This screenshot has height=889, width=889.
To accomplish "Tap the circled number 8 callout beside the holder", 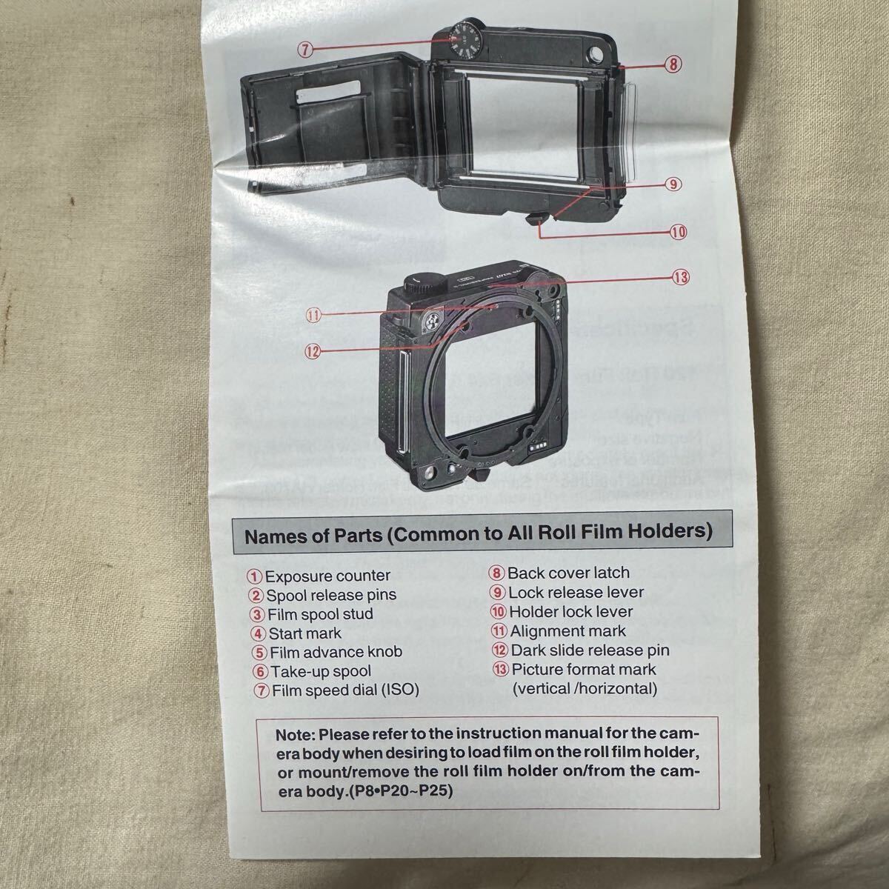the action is pyautogui.click(x=673, y=64).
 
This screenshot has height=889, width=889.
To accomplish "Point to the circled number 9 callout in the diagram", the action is pyautogui.click(x=673, y=184).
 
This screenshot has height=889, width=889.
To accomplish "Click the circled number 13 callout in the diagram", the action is pyautogui.click(x=681, y=277).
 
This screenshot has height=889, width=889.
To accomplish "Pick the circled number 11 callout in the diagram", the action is pyautogui.click(x=313, y=314).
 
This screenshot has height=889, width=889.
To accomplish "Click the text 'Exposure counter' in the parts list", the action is pyautogui.click(x=327, y=576).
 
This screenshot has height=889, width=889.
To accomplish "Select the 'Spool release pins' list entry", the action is pyautogui.click(x=332, y=595).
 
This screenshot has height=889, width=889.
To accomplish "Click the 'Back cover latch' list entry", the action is pyautogui.click(x=568, y=573).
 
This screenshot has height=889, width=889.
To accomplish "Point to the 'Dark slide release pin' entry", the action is pyautogui.click(x=590, y=650).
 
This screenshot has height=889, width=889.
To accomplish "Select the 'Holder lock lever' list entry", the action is pyautogui.click(x=570, y=612).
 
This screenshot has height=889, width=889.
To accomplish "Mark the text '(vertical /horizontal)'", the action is pyautogui.click(x=585, y=688).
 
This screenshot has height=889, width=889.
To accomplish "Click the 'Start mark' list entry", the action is pyautogui.click(x=304, y=633).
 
